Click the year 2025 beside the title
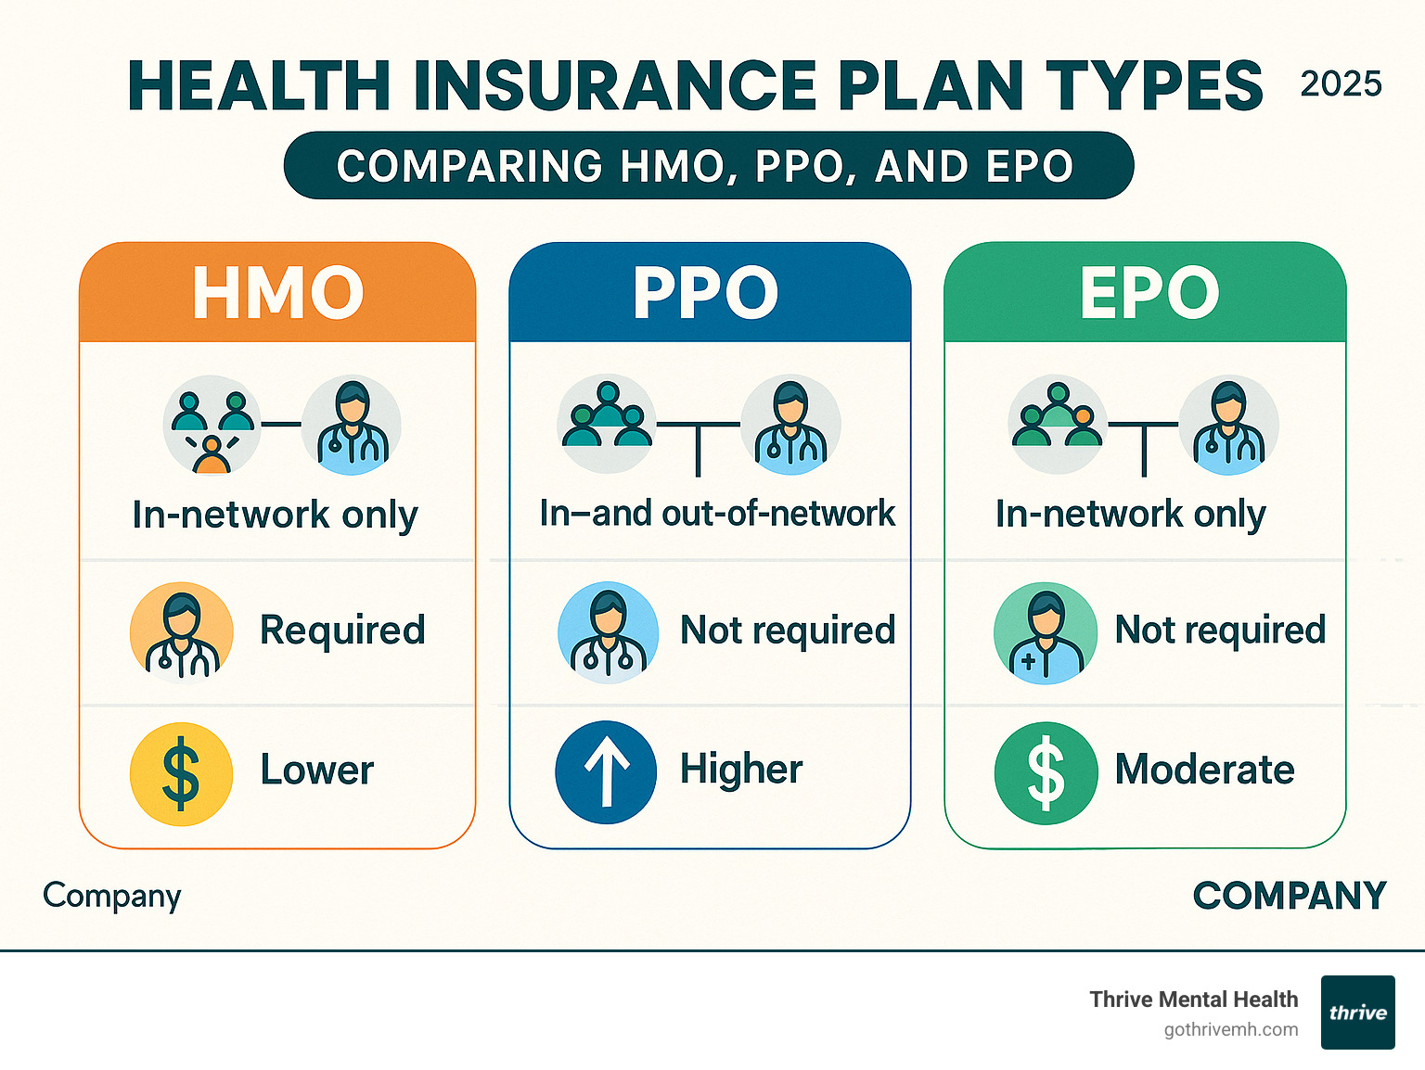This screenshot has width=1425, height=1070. [1341, 84]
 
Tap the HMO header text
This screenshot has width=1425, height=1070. [277, 293]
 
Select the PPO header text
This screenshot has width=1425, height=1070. [705, 293]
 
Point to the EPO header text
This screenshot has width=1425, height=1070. [1149, 293]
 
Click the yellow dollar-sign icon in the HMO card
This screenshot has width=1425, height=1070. [181, 773]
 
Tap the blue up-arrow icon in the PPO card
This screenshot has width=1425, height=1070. [606, 772]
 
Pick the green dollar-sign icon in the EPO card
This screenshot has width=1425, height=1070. [1046, 773]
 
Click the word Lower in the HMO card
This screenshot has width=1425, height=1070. [316, 770]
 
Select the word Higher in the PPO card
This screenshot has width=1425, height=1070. [740, 770]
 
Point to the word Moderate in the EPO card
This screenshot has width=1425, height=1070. [1204, 770]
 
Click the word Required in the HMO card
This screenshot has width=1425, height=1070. [342, 631]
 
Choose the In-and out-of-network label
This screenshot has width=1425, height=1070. [717, 513]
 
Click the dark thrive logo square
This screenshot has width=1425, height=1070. [1357, 1012]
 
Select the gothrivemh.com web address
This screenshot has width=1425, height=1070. [1231, 1030]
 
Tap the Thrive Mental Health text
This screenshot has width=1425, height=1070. [1194, 1000]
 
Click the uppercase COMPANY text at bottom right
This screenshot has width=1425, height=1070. [1289, 896]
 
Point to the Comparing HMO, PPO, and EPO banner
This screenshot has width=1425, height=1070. [708, 166]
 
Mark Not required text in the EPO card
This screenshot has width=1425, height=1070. [1220, 631]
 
